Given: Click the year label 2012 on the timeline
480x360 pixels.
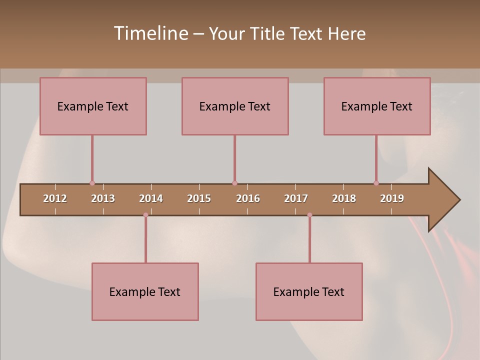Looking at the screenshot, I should (55, 198).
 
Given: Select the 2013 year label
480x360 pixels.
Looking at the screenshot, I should (103, 198).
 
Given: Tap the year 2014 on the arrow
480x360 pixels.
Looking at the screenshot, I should (151, 198).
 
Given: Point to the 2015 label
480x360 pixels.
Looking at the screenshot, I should (199, 198).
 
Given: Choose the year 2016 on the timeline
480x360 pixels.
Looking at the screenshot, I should (248, 198).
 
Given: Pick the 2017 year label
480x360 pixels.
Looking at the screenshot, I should (296, 198).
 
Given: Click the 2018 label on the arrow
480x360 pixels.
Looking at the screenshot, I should (344, 198).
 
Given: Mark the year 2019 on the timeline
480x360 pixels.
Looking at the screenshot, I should (392, 198).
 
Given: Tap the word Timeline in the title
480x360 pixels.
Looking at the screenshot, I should (150, 33).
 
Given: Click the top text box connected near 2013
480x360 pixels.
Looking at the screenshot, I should (93, 106).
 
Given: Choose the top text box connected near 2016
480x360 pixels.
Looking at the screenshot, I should (235, 106).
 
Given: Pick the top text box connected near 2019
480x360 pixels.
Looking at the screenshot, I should (377, 106).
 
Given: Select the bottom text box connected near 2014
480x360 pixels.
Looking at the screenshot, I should (145, 291).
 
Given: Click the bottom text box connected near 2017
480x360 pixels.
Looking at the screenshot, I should (309, 291).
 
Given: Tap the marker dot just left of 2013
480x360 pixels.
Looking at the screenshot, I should (92, 183).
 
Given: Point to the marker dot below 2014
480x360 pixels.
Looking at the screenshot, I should (145, 215).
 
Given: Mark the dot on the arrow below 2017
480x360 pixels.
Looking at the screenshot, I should (309, 215).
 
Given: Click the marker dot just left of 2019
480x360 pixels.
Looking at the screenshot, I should (376, 183).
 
